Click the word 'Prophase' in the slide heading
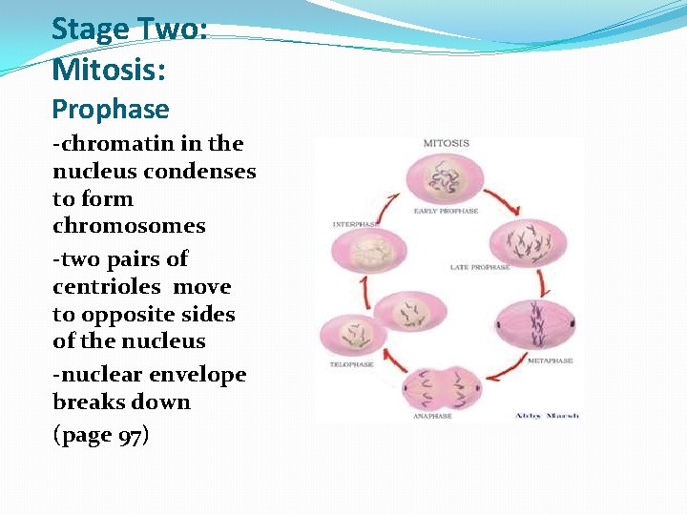point(110,110)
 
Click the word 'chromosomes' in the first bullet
point(129,226)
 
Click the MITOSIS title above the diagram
point(446,144)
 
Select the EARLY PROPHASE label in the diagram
point(446,211)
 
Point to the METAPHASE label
point(551,360)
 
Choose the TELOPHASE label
point(350,365)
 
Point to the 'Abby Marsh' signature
point(547,416)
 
